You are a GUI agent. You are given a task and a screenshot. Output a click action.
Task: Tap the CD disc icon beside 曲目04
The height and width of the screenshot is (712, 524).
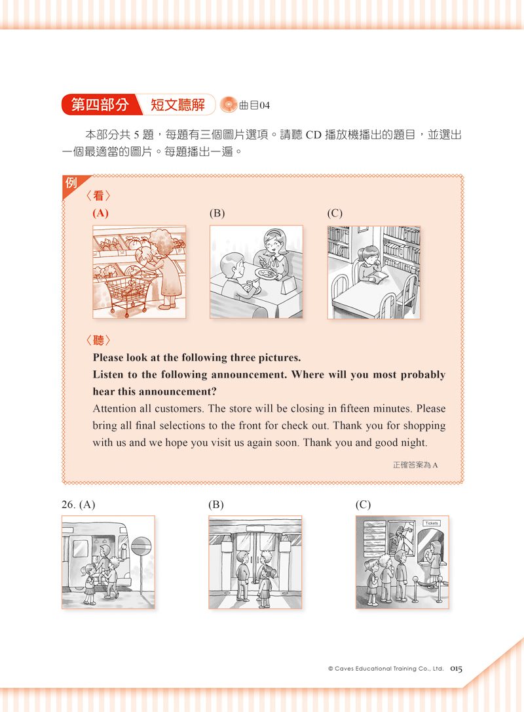[x=229, y=105]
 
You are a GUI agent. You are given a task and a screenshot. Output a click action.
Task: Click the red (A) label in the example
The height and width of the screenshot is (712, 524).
[x=100, y=213]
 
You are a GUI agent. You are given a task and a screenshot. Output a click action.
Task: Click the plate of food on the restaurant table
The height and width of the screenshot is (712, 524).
[x=267, y=273]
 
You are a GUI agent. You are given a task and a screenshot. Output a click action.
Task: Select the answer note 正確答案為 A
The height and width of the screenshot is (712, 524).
[x=415, y=465]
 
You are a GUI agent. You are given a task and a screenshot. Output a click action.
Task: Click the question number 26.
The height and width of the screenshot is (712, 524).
[x=69, y=504]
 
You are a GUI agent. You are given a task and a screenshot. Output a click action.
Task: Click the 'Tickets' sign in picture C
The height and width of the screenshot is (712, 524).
[x=432, y=523]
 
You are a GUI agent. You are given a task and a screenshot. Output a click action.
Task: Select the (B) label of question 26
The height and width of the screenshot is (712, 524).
[x=216, y=504]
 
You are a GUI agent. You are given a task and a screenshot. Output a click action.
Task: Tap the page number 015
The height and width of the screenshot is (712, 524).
[x=457, y=669]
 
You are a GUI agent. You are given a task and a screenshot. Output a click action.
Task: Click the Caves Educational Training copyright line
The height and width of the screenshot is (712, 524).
[x=386, y=669]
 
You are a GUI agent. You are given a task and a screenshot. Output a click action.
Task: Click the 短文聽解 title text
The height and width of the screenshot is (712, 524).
[x=178, y=105]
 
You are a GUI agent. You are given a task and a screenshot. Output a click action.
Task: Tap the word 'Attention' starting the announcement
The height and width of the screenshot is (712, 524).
[x=115, y=408]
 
